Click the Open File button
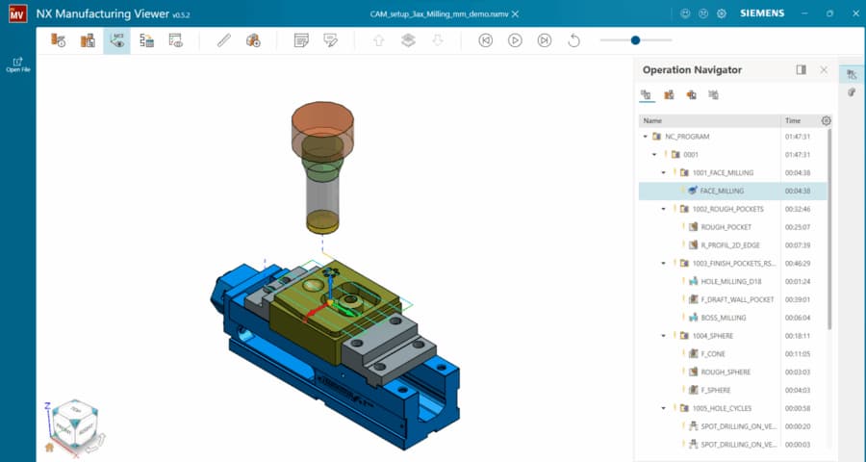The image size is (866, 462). point(16,63)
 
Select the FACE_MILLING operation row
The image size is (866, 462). point(722,191)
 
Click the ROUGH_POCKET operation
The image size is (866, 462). point(726,227)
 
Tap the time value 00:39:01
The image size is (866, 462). point(798,299)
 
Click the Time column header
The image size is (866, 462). point(793,121)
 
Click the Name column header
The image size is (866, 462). point(652,121)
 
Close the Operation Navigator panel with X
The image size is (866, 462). point(824,70)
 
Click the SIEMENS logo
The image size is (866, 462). point(761,13)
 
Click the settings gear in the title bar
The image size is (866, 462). point(722,13)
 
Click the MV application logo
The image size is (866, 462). point(16,14)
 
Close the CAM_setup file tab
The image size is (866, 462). point(516,13)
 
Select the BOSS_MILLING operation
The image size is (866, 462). point(723,318)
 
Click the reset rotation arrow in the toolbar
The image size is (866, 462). point(574,40)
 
